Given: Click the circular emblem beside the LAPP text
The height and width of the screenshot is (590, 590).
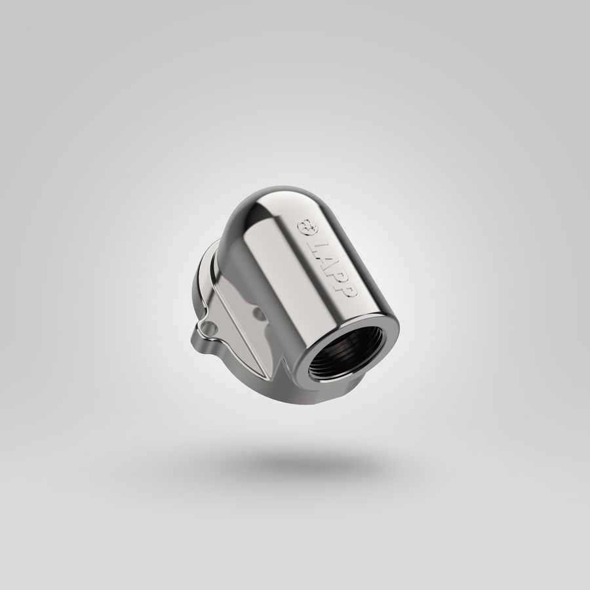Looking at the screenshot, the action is tap(306, 227).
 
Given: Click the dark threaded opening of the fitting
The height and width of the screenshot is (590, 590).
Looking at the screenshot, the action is tap(347, 352).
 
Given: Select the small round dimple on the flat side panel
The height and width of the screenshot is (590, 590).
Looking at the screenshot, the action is tap(258, 313).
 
